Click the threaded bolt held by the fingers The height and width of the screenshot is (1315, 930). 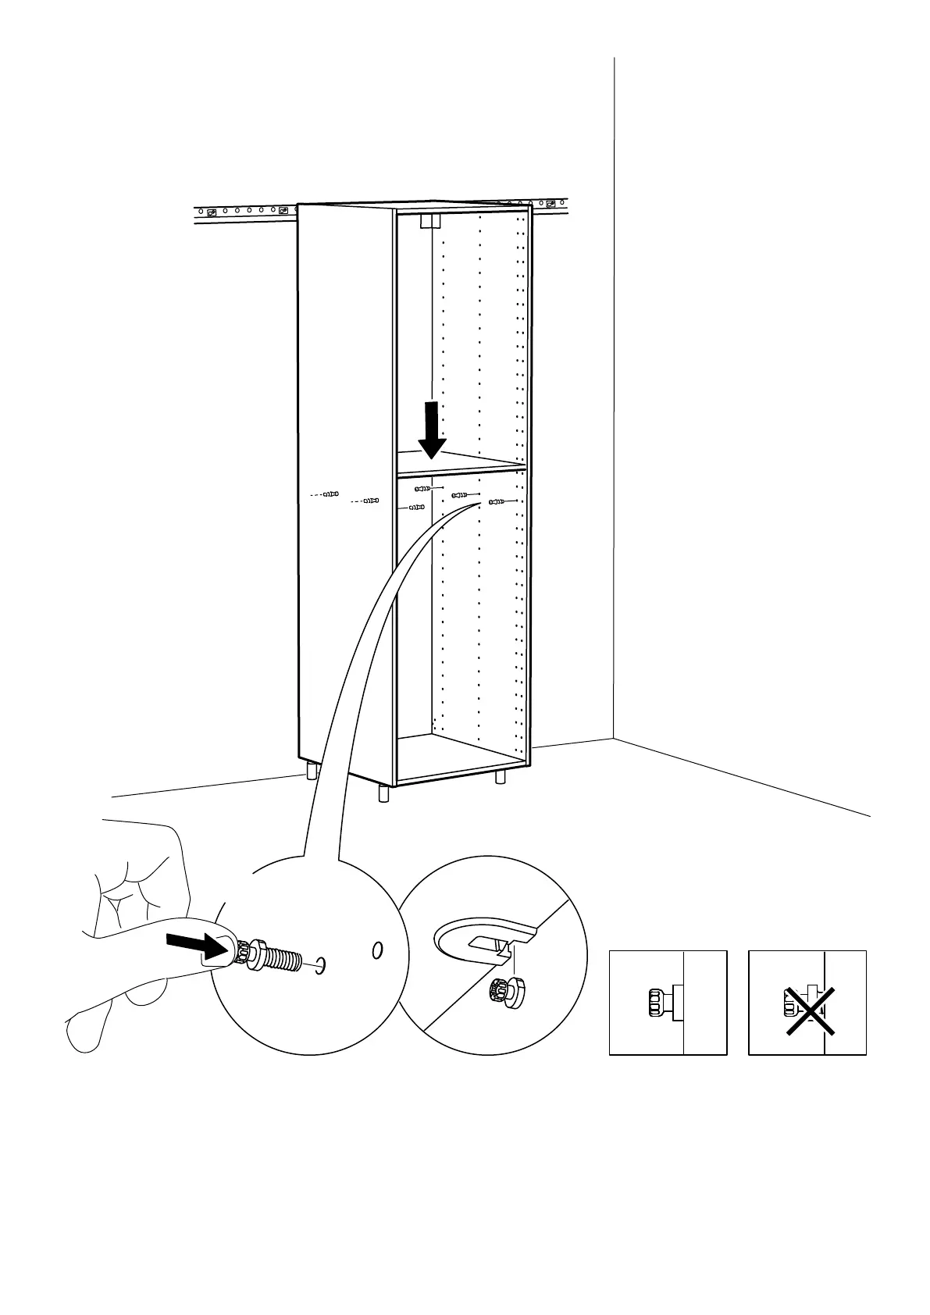278,960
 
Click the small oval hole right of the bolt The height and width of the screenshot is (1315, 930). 378,950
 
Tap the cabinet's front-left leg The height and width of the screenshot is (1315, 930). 383,793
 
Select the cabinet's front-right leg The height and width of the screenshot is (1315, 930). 501,778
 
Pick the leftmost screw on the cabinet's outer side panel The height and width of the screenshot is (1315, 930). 331,494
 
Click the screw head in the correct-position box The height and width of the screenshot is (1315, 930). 657,1003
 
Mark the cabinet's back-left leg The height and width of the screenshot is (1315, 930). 312,772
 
